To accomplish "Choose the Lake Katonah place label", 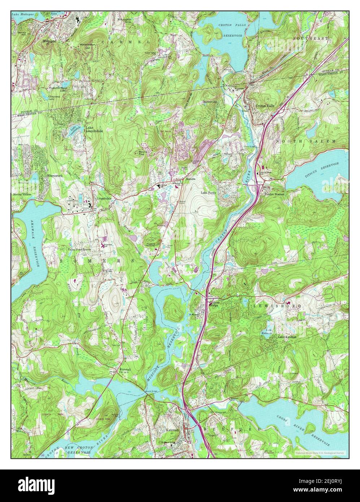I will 287,337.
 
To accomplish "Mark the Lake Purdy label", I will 209,193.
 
